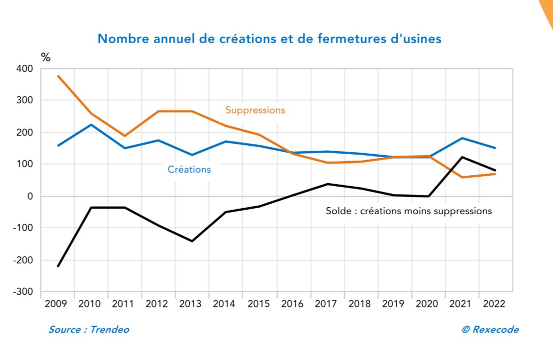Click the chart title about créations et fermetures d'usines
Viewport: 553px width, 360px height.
coord(269,39)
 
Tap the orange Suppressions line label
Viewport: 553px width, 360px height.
coord(255,110)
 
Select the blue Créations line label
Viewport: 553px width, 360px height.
coord(189,169)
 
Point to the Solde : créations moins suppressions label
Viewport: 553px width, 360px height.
coord(408,211)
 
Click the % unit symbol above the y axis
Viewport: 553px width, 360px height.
coord(46,57)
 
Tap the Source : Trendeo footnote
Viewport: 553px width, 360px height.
coord(88,330)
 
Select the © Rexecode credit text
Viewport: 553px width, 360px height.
coord(490,330)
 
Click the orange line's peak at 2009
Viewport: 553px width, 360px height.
coord(58,76)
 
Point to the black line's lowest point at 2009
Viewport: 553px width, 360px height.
coord(58,266)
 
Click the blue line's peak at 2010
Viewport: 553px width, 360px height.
coord(91,125)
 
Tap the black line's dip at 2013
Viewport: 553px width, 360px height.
coord(192,241)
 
